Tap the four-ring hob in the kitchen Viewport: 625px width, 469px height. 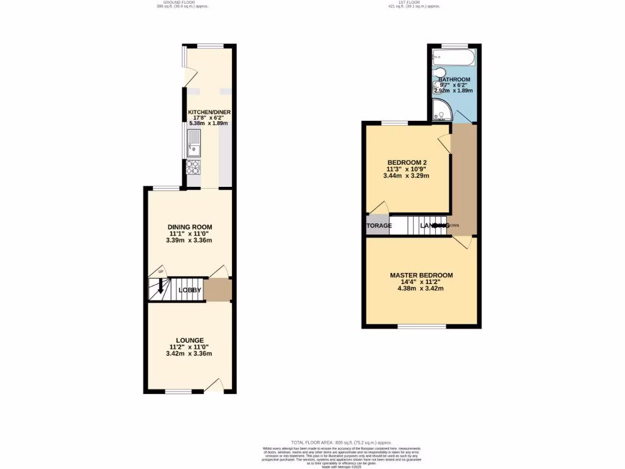193,166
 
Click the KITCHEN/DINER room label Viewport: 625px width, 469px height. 208,113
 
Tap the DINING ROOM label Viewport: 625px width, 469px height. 190,227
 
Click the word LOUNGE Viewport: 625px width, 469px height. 190,340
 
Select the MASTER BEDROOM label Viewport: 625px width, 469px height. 422,275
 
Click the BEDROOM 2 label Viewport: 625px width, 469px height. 406,162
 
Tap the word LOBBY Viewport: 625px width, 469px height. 190,290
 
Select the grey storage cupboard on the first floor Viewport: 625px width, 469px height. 378,225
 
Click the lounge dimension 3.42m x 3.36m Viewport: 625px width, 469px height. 190,354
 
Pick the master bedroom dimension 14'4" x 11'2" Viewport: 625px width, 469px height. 422,282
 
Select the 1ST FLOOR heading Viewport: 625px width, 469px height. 414,2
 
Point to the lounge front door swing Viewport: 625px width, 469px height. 214,385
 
